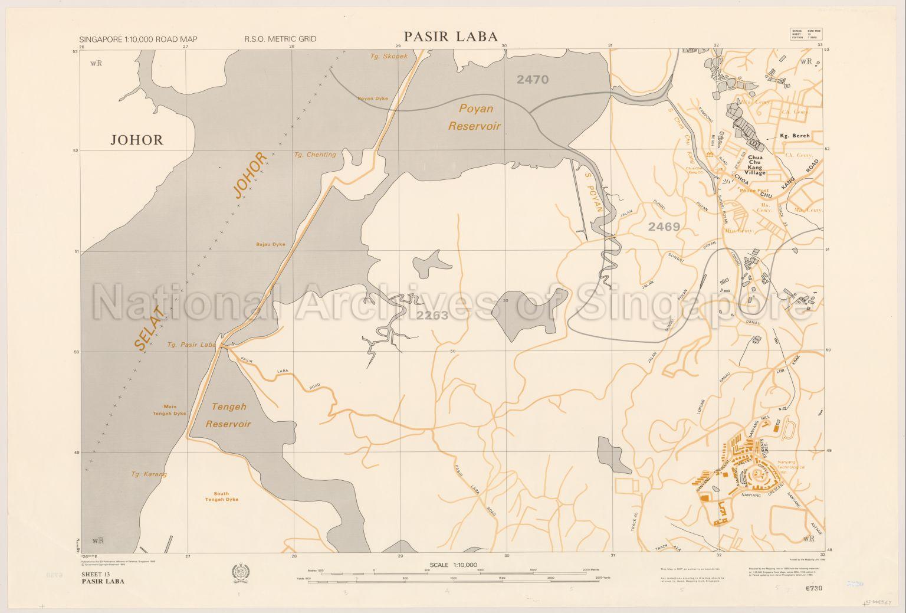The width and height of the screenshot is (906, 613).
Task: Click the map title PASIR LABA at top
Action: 451,37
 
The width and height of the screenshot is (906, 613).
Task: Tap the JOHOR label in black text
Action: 136,140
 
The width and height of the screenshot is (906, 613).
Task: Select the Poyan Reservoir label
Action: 475,117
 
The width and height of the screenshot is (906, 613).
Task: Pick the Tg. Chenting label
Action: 314,155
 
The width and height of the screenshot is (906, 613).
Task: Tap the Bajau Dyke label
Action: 270,244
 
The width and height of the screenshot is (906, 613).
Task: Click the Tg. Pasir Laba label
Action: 192,345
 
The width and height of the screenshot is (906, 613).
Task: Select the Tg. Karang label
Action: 149,474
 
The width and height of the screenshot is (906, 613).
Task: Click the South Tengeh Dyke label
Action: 221,497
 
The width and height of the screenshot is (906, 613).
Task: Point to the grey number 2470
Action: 532,80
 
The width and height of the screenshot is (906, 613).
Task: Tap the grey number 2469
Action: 664,227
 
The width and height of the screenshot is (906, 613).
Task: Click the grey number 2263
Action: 432,316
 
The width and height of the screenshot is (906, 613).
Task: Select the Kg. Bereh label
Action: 795,136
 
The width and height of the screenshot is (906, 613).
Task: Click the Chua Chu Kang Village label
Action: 756,165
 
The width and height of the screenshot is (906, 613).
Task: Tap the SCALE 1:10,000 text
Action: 453,565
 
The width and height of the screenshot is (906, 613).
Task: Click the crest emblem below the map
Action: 242,572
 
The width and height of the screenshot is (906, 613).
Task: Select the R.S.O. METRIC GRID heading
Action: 280,39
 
